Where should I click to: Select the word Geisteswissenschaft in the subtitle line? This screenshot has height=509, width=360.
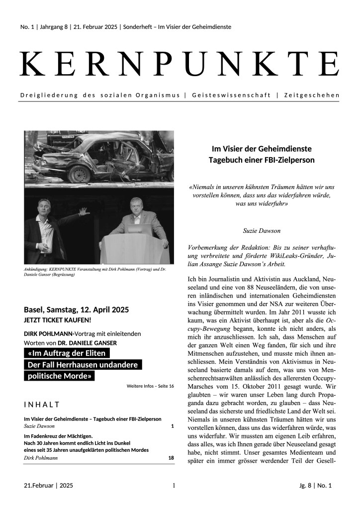tap(229, 95)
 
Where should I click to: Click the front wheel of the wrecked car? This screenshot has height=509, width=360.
tap(80, 173)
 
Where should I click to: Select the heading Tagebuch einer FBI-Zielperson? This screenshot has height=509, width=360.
tap(262, 160)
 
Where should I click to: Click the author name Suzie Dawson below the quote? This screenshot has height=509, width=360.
tap(262, 231)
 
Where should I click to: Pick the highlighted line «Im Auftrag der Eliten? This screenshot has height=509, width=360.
tap(67, 354)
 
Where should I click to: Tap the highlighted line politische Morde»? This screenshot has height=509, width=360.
tap(59, 376)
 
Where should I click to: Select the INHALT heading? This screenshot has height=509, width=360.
tap(42, 404)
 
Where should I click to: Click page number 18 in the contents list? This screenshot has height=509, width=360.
tap(171, 458)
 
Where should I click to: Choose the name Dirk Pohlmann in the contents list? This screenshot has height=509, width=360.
tap(41, 458)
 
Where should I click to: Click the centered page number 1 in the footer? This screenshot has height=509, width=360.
tap(174, 485)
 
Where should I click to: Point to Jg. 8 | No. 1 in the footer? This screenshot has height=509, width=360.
tap(313, 485)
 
